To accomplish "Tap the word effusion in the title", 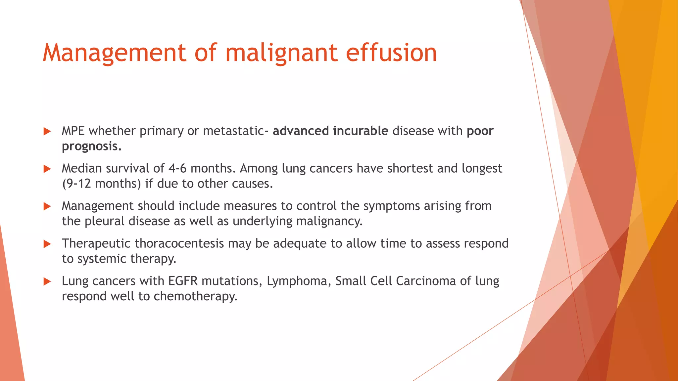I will (x=391, y=53).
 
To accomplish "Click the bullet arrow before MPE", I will (x=47, y=131).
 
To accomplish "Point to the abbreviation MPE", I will (x=73, y=131).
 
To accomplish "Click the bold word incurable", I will (x=360, y=131).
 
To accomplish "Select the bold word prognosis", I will (x=91, y=146).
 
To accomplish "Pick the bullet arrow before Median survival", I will (x=47, y=169).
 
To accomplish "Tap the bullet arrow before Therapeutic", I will (x=47, y=244).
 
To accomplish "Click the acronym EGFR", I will (x=183, y=281).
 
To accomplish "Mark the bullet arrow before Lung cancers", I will (x=47, y=281).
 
